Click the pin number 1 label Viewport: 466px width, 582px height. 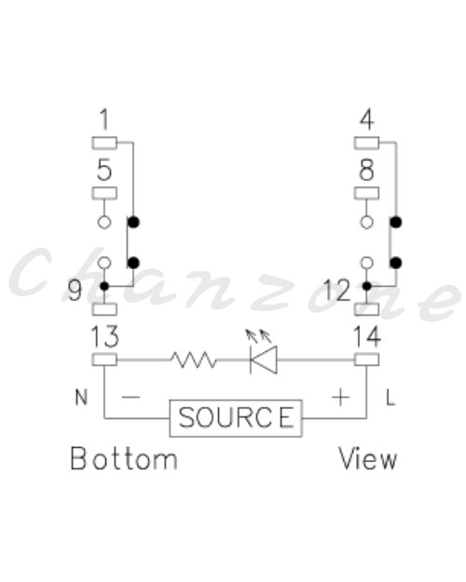point(104,119)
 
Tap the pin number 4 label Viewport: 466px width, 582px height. point(367,119)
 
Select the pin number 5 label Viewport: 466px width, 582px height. point(104,169)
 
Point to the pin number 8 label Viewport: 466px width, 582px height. point(367,169)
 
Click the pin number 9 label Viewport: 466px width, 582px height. point(75,291)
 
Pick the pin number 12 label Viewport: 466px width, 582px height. point(337,291)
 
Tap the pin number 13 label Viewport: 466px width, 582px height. point(104,337)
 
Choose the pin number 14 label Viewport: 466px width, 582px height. point(367,337)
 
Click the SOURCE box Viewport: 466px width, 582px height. point(236,418)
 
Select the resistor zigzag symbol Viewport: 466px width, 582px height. point(194,360)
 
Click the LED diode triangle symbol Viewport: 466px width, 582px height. point(264,359)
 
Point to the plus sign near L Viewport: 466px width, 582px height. point(340,398)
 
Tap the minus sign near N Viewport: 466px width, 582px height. point(130,397)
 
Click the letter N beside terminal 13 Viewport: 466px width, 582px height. point(81,398)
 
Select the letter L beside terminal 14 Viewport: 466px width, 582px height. point(391,398)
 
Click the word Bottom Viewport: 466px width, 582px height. point(124,459)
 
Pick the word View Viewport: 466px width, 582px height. point(367,459)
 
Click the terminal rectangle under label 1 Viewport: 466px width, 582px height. point(104,142)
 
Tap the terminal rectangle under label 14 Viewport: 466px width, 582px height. point(367,359)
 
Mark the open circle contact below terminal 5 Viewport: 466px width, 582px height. point(104,223)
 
